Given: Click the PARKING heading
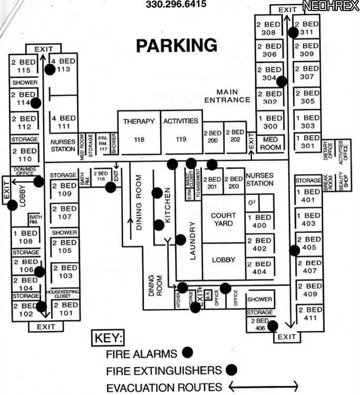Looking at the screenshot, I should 176,45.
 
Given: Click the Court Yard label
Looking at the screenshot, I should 223,220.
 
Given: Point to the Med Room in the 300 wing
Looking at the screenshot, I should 270,143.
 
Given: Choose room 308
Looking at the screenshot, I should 269,28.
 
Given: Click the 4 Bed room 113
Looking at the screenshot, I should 64,65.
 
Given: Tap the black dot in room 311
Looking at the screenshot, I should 293,32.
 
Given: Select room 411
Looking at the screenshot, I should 306,314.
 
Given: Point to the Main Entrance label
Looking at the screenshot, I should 227,96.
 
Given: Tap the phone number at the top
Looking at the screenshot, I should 176,5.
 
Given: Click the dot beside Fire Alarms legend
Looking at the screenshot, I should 187,352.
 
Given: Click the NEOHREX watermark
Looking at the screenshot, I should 330,6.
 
